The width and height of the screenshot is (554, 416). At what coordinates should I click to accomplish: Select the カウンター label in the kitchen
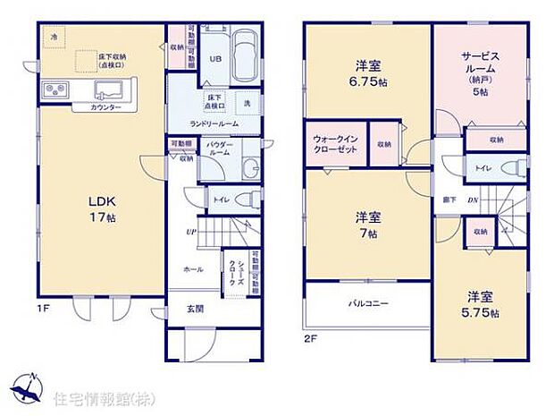(105, 107)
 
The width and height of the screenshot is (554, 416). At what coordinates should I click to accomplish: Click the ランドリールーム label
(213, 123)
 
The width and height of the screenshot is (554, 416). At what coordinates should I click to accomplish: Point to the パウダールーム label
(221, 149)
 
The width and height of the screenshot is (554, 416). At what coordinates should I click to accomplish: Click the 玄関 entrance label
(195, 310)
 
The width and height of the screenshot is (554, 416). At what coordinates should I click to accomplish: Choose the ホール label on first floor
(193, 268)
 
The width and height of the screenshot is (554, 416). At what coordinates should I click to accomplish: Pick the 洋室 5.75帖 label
(481, 304)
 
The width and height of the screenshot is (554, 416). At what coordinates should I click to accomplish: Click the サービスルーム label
(479, 67)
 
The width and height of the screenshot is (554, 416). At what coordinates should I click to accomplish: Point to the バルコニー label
(368, 304)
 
